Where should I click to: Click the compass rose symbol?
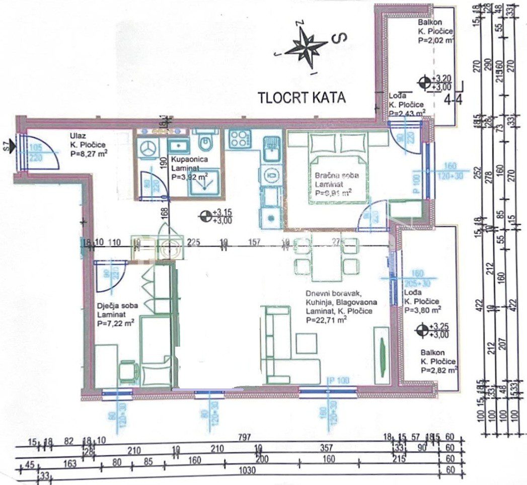305,45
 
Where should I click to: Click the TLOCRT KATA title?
302,97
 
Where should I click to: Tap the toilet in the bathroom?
204,142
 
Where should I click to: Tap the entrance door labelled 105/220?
40,151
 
